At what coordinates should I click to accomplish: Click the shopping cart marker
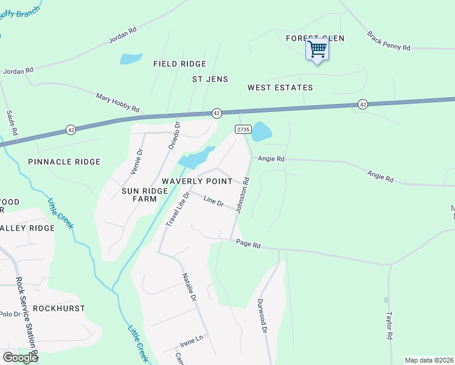point(318,49)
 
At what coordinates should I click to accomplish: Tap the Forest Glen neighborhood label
point(315,38)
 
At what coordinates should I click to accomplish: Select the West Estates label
point(280,88)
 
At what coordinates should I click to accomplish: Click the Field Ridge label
point(179,64)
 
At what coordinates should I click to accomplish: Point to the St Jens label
point(210,79)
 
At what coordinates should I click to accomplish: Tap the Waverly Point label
point(196,181)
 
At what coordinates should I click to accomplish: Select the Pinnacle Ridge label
point(64,162)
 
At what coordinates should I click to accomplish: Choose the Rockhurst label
point(58,308)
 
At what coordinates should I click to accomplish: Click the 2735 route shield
point(243,130)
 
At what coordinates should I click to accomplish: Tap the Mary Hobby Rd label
point(117,103)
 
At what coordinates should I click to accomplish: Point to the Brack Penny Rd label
point(389,41)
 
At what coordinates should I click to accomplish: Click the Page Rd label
point(248,245)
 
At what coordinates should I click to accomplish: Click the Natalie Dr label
point(189,288)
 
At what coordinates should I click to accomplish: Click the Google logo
point(20,358)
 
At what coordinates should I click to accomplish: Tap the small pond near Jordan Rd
point(131,59)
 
